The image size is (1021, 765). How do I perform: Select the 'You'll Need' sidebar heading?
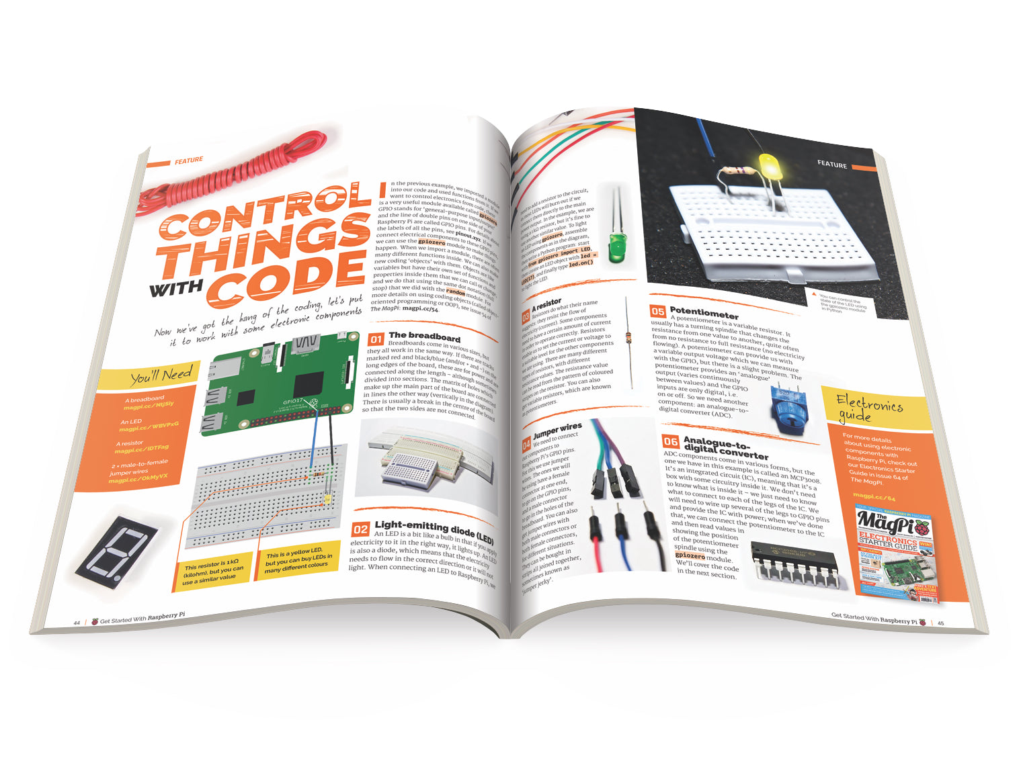coord(161,375)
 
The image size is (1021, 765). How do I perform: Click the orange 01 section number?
coord(376,340)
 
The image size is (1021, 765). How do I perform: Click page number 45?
coord(941,623)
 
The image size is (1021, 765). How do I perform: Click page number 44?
coord(77,623)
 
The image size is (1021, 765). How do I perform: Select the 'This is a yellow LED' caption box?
coord(298,559)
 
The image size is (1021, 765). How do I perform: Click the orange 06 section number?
coord(670,441)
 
